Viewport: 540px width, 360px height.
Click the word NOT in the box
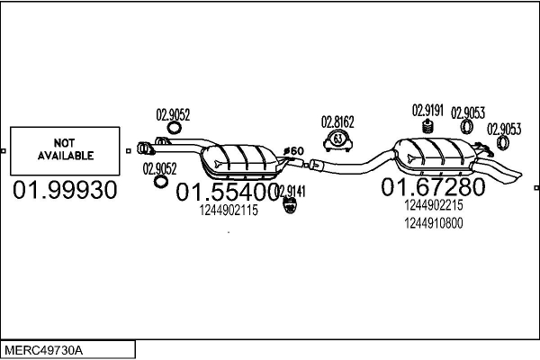point(64,142)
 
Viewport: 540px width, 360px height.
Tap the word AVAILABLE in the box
point(66,156)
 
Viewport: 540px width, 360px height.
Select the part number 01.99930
point(65,190)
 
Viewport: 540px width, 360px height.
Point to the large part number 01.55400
point(227,192)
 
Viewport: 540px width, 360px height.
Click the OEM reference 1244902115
point(229,210)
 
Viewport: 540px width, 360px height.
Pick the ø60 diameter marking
point(293,151)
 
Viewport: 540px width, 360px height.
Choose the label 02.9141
point(292,191)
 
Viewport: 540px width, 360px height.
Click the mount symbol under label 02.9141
point(290,205)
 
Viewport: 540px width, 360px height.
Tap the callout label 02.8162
point(337,122)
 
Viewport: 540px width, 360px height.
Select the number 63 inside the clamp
point(337,139)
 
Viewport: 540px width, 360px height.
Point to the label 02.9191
point(427,111)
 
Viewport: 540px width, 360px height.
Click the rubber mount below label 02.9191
point(427,126)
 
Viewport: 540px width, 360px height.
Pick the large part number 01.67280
point(433,187)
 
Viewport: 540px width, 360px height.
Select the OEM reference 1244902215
point(434,205)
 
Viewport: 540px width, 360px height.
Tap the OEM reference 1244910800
point(434,223)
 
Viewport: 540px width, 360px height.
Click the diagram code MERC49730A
point(44,351)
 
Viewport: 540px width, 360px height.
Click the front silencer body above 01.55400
point(242,160)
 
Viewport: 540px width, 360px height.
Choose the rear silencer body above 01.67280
point(435,155)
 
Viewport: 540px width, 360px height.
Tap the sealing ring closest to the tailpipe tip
point(502,142)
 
